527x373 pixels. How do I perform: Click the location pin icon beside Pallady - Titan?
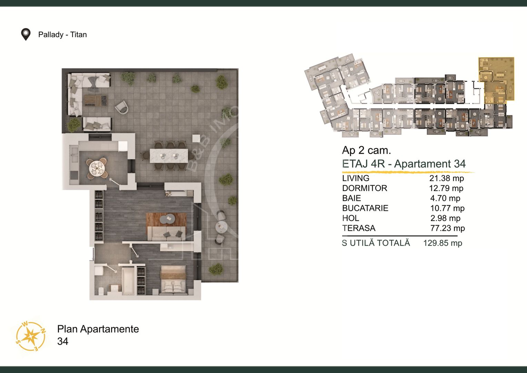26,35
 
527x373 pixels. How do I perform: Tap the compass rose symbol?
31,336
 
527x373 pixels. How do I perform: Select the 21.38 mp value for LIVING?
447,178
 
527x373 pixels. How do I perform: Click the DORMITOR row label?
365,188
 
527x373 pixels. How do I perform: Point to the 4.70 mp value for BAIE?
445,198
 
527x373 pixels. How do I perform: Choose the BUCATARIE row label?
365,208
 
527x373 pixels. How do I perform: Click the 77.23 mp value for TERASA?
447,228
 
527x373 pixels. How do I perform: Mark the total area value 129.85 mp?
443,243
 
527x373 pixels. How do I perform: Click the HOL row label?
350,218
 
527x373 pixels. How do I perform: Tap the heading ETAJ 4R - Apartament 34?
404,164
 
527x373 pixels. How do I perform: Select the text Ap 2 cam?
366,150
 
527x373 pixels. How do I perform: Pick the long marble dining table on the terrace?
169,155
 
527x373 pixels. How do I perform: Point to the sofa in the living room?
166,233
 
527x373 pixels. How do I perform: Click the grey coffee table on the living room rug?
167,219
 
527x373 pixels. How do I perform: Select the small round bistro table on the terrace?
221,227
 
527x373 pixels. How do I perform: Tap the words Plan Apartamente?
98,329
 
